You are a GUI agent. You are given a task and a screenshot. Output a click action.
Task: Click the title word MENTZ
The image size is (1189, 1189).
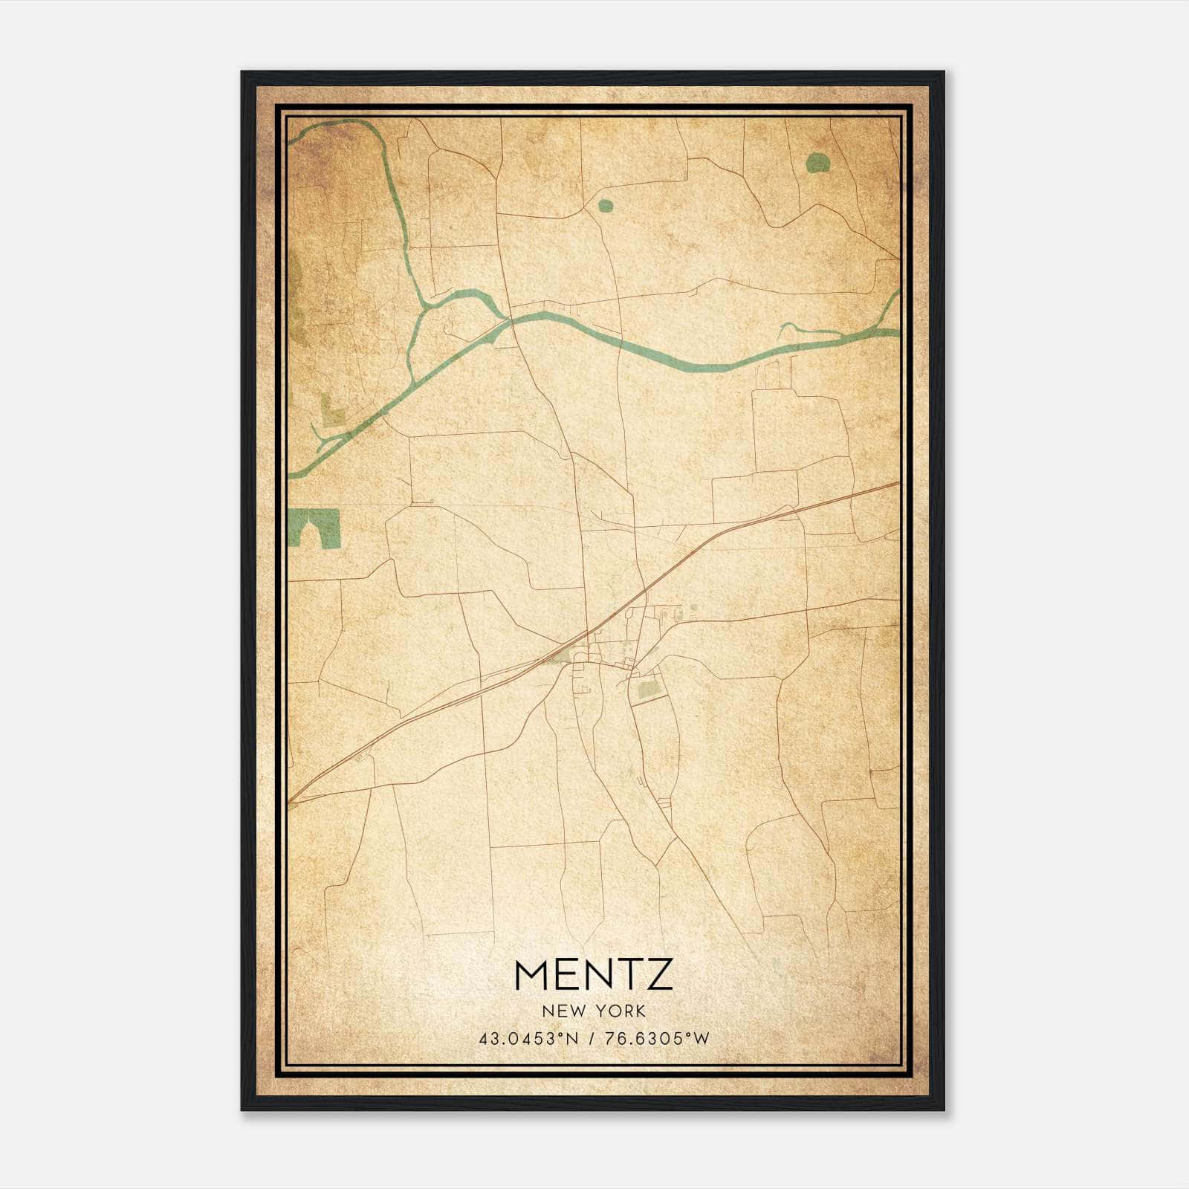coord(593,974)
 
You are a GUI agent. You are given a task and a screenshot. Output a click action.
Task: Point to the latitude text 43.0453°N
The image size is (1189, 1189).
coord(528,1039)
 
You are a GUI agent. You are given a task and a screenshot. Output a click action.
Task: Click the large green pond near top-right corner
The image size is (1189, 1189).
coord(817,162)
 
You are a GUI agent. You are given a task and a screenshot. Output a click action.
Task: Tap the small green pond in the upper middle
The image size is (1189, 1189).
coord(606,204)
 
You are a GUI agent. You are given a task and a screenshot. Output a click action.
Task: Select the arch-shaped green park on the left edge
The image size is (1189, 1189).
coord(314,527)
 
